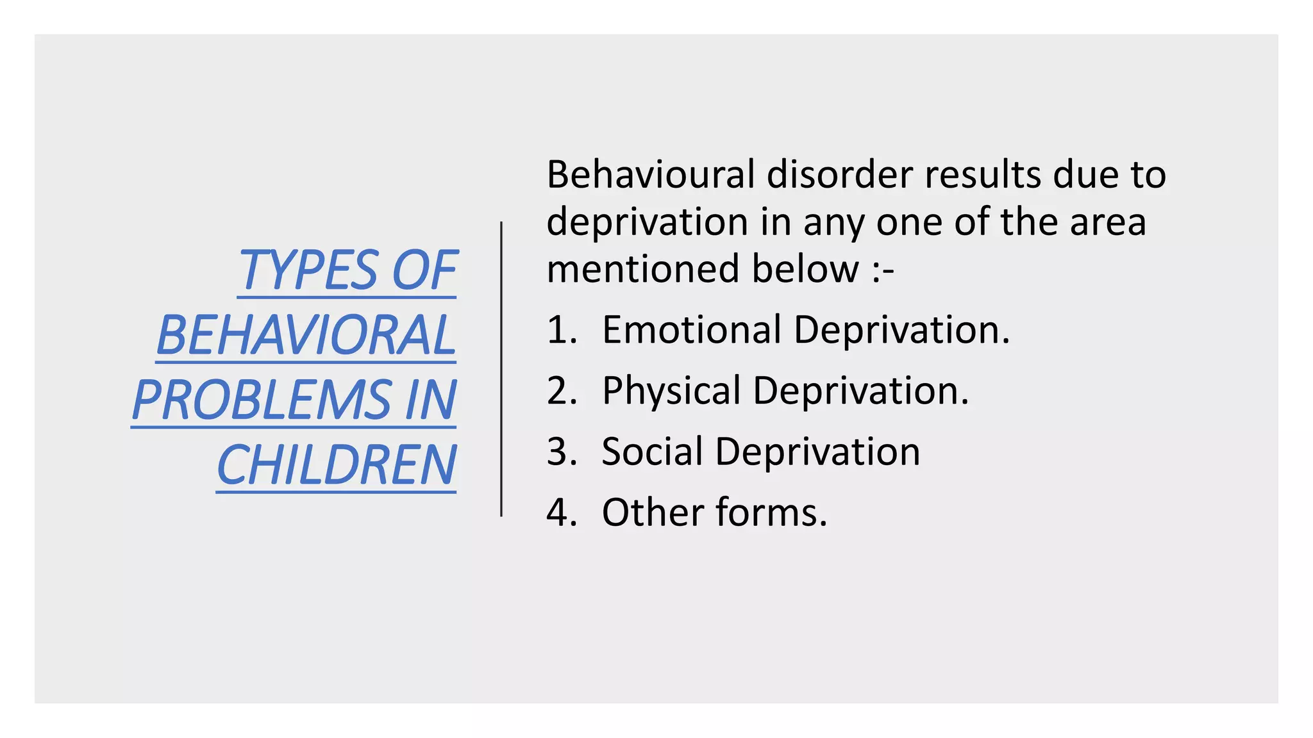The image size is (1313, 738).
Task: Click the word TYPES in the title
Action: point(308,270)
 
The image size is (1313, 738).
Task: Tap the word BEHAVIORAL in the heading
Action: point(306,335)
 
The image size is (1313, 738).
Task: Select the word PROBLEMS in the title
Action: point(262,400)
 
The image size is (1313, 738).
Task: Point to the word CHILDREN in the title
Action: point(337,465)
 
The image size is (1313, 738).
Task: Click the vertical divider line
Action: point(501,369)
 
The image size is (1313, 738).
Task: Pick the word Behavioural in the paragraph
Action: point(650,174)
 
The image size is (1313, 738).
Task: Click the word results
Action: point(982,174)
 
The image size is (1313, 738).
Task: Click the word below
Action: point(805,268)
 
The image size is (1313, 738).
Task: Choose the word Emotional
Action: point(691,330)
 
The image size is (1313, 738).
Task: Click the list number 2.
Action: point(560,391)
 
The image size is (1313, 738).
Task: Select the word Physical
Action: point(671,391)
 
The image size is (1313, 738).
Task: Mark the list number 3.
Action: point(560,452)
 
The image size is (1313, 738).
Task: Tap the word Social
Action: point(652,452)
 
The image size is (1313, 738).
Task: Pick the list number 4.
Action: point(560,512)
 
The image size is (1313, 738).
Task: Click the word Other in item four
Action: point(653,512)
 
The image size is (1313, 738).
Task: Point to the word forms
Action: point(771,512)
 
